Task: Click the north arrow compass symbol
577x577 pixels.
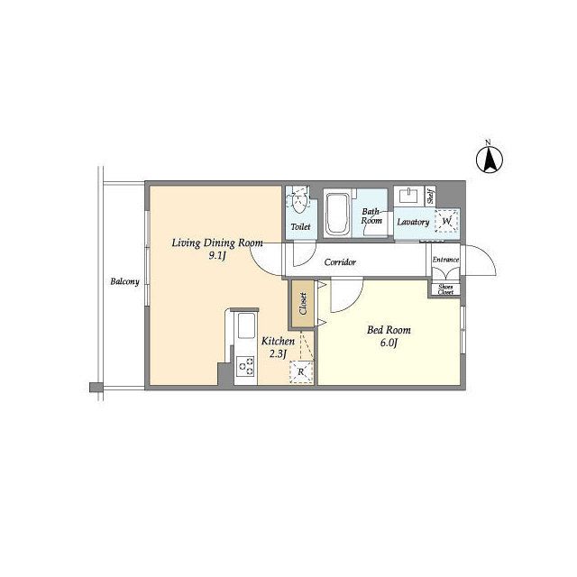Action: click(489, 160)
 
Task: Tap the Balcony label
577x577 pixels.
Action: click(124, 282)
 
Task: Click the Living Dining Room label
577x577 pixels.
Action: click(217, 243)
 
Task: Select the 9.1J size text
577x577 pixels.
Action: click(216, 256)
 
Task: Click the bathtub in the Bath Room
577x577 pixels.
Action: click(336, 214)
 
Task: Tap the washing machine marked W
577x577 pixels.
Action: click(447, 221)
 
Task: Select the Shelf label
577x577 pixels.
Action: click(430, 197)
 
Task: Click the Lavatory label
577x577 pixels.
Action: click(413, 222)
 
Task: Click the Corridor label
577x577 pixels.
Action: click(340, 262)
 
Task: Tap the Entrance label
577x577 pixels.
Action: click(445, 260)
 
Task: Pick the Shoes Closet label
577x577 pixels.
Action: click(445, 289)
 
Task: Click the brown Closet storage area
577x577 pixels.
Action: click(303, 304)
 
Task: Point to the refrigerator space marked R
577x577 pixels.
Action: click(301, 372)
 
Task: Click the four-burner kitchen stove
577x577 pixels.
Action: click(245, 366)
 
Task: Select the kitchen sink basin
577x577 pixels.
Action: click(246, 325)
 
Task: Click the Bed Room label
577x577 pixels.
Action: click(389, 330)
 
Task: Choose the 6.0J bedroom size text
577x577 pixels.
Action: click(389, 343)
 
